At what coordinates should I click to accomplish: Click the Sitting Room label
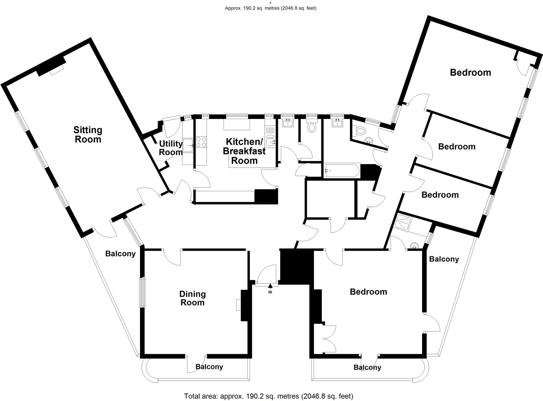[88, 135]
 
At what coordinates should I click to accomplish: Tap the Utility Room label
[170, 148]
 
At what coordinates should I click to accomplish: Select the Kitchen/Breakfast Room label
[244, 151]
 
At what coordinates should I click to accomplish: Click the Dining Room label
[192, 298]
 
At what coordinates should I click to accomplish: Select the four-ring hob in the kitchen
[201, 142]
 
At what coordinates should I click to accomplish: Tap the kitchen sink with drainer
[270, 136]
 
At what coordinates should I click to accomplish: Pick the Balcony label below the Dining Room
[209, 367]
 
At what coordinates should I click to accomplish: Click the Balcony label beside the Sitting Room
[120, 254]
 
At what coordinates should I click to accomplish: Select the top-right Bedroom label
[470, 73]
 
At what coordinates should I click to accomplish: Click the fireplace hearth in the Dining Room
[238, 305]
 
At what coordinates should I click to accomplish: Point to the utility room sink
[188, 146]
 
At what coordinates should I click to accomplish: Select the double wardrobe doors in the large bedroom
[329, 339]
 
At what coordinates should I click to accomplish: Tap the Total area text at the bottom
[269, 396]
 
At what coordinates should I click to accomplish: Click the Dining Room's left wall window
[143, 292]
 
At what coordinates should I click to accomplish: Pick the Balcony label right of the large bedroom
[444, 259]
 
